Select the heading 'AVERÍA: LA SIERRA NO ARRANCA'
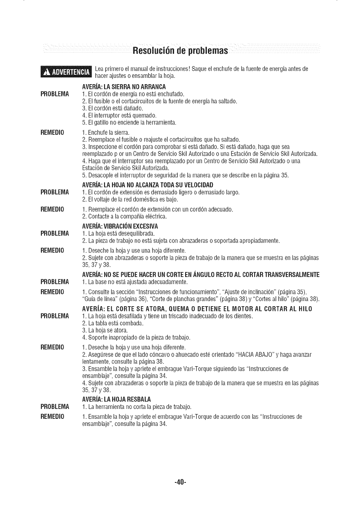[124, 87]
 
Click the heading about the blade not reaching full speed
[147, 185]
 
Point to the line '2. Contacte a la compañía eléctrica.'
[124, 217]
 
